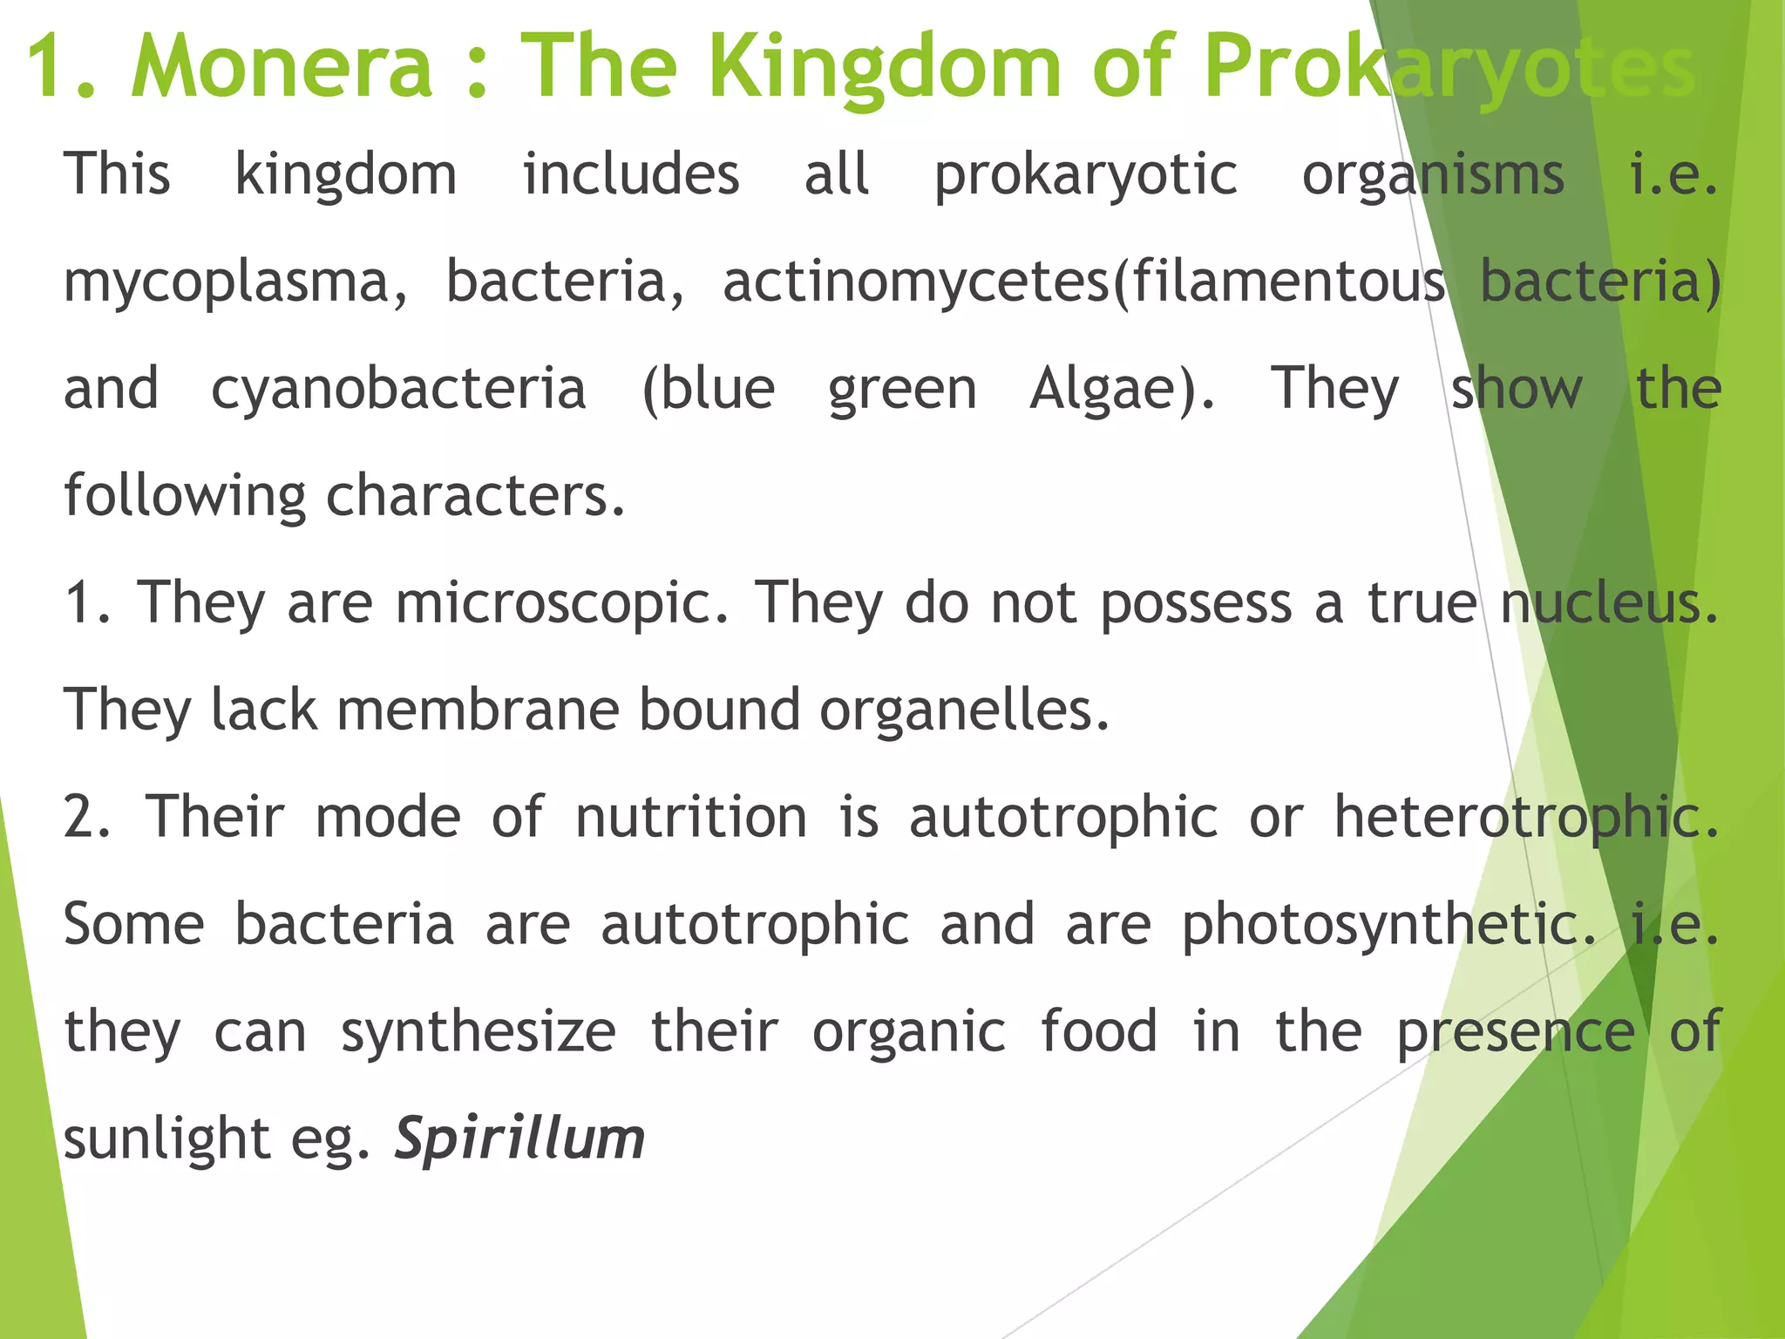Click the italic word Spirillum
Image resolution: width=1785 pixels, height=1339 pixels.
[x=519, y=1138]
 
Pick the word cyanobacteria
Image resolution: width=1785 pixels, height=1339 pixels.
[x=398, y=389]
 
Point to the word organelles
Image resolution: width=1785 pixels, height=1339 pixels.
[x=963, y=710]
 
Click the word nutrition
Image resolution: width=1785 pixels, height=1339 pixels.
[x=691, y=818]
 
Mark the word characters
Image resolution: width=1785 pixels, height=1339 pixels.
[x=475, y=496]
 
